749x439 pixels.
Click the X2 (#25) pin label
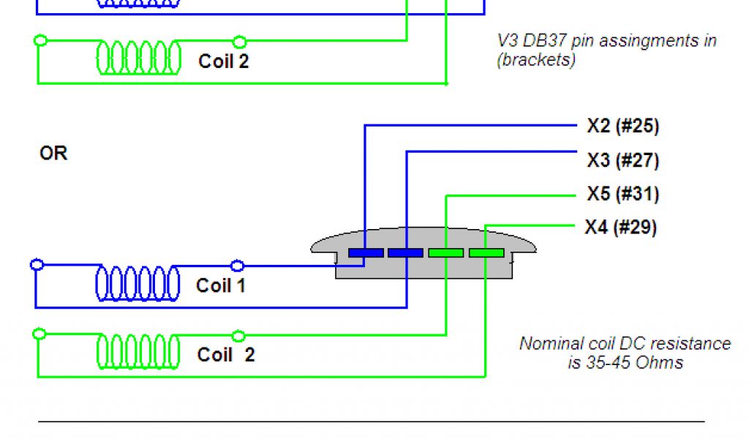622,126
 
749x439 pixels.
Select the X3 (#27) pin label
622,160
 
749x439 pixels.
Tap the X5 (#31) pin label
622,195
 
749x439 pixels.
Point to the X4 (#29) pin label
620,228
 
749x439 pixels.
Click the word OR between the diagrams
53,154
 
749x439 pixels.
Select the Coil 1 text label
221,285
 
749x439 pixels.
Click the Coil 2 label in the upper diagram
223,61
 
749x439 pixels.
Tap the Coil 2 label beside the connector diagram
226,355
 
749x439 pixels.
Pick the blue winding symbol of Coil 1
138,283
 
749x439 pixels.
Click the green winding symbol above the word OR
139,58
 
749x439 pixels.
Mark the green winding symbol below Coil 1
138,353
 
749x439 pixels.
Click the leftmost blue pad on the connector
366,253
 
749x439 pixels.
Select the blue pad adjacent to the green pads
405,253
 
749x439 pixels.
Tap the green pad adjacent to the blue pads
445,253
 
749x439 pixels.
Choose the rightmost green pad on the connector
486,253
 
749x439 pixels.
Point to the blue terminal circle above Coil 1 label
237,266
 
